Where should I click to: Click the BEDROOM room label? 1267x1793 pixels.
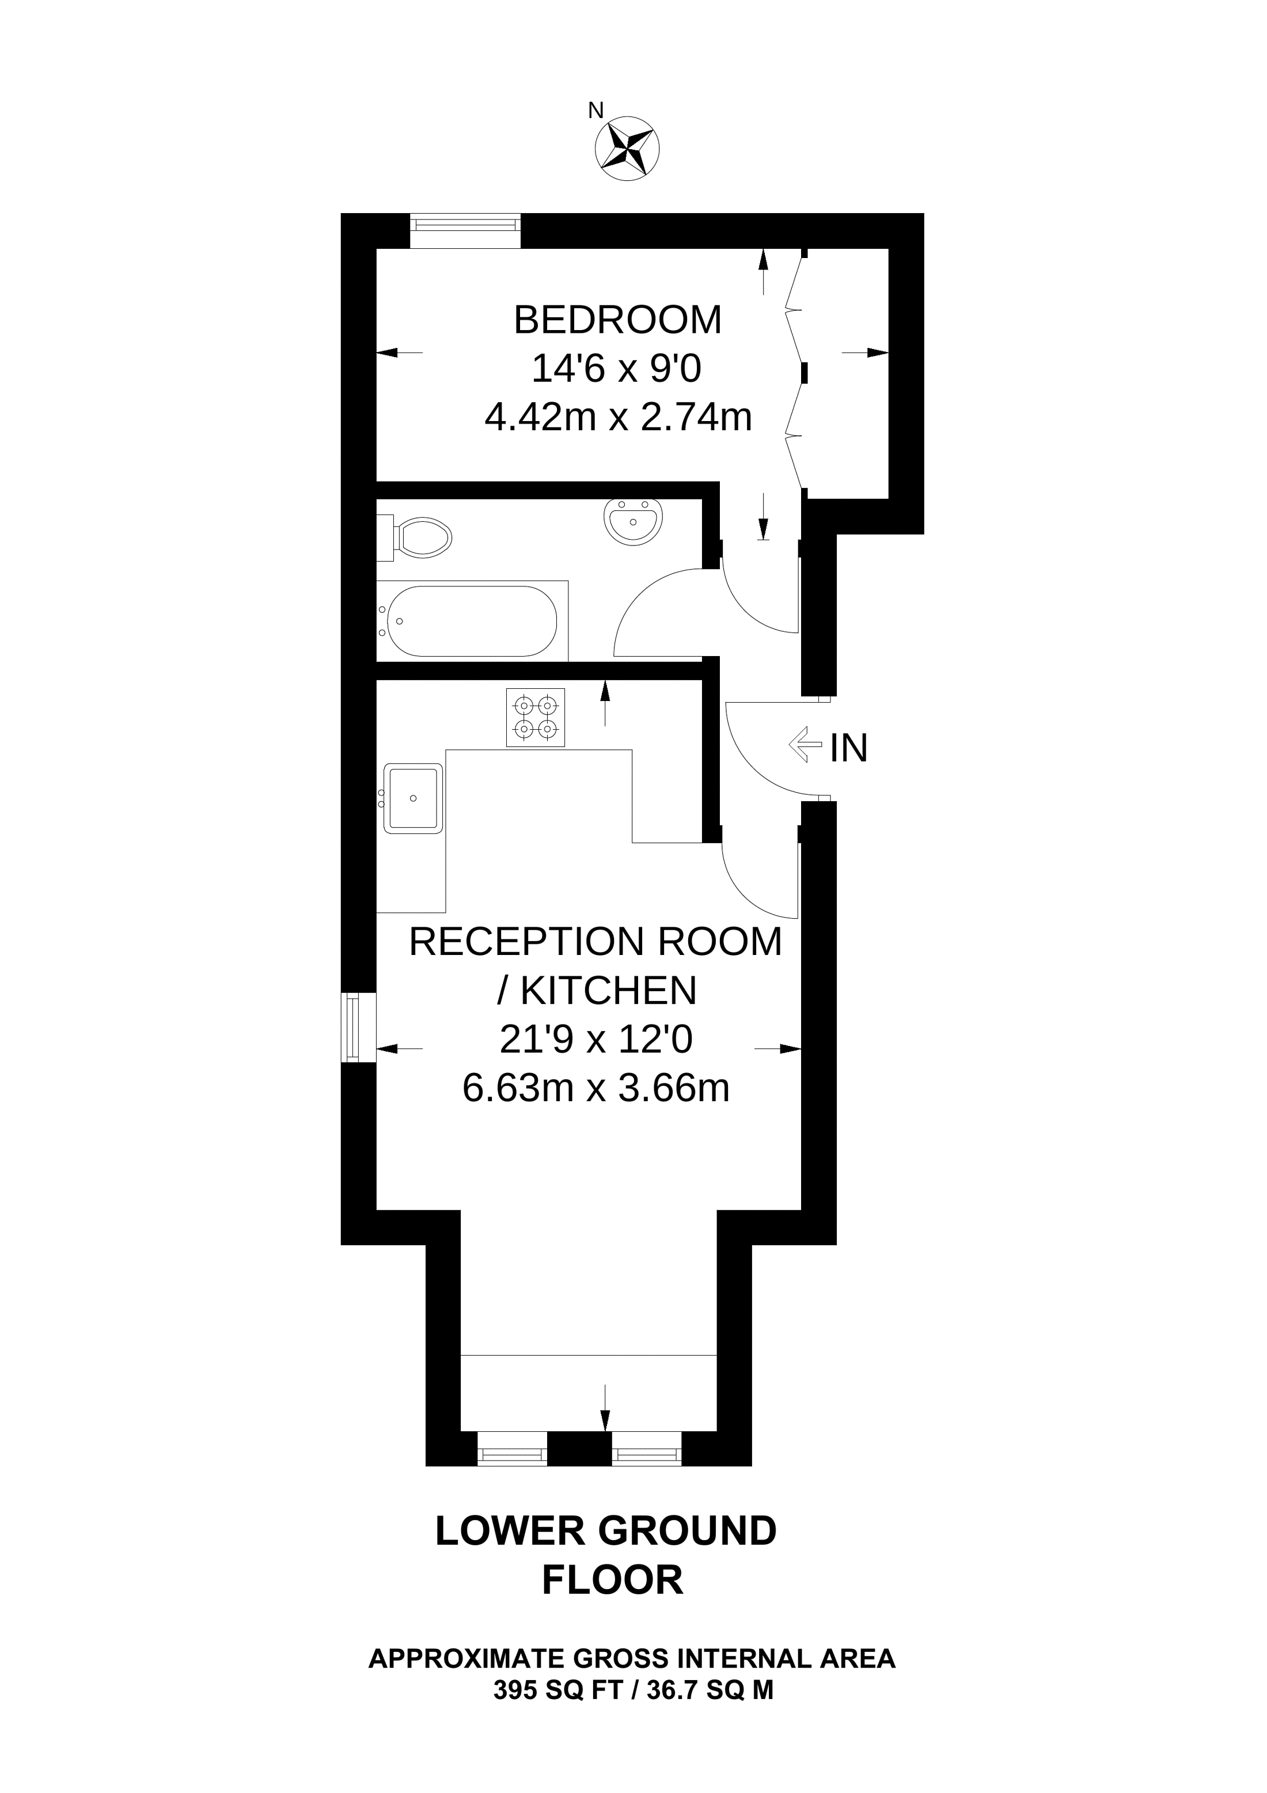tap(617, 320)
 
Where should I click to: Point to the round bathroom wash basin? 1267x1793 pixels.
tap(633, 521)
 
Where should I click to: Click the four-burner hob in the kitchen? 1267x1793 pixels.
tap(536, 717)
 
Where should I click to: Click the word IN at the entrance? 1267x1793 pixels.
tap(848, 748)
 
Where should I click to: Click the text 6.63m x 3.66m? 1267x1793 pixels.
tap(595, 1088)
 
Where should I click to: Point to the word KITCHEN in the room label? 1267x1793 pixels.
tap(608, 991)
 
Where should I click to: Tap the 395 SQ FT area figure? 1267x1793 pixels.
tap(557, 1690)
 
